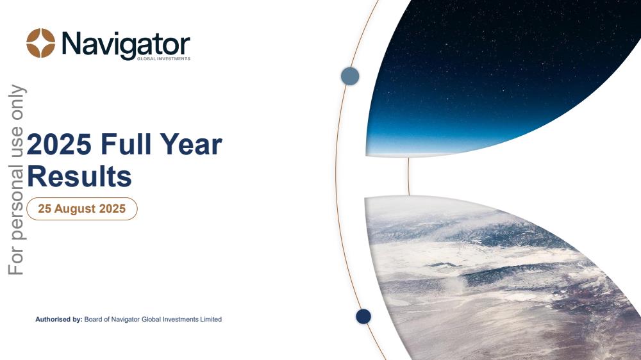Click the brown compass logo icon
click(x=41, y=43)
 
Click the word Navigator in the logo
click(x=126, y=45)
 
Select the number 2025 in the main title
click(x=59, y=144)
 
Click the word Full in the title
click(x=126, y=144)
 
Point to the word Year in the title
click(x=191, y=144)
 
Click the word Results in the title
click(x=79, y=177)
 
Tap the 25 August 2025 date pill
click(x=82, y=209)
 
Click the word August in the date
click(x=75, y=209)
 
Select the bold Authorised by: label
click(x=59, y=319)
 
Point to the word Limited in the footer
click(x=211, y=319)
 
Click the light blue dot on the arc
click(x=350, y=76)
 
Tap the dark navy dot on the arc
click(x=363, y=316)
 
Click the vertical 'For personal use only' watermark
click(x=17, y=180)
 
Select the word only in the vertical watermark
click(x=17, y=102)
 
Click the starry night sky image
click(x=490, y=78)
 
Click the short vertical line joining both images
click(x=408, y=177)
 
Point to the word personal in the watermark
click(x=17, y=202)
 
